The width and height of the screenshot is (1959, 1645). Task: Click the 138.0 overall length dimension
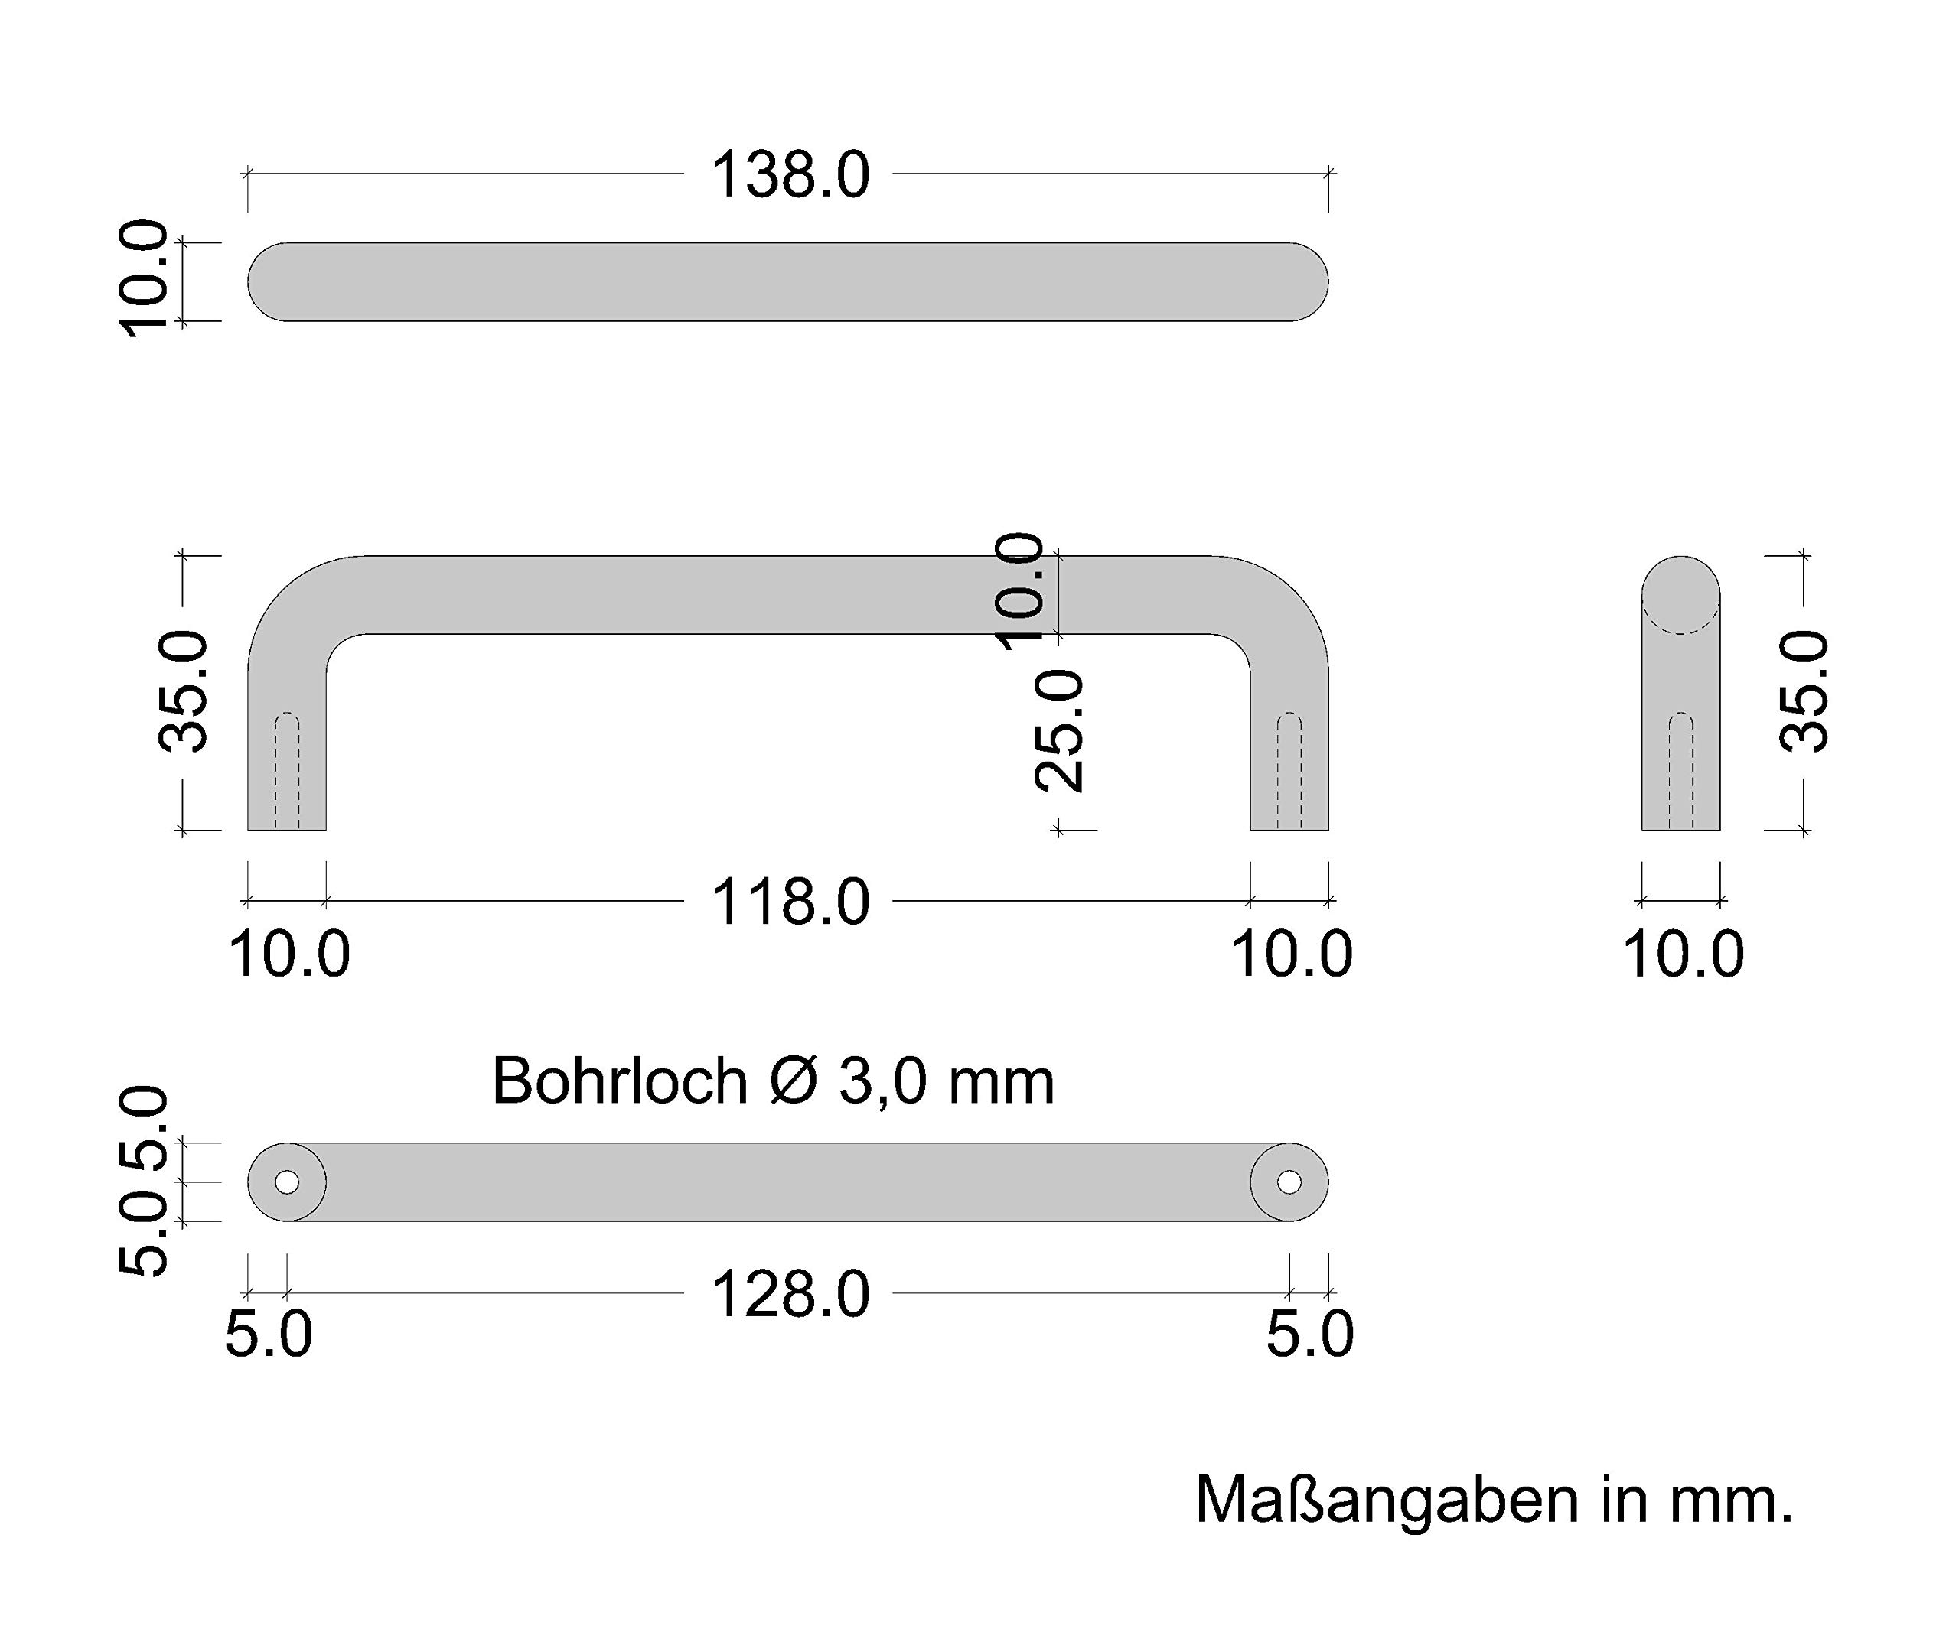coord(790,174)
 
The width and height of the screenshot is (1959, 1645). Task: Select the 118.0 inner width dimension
coord(790,902)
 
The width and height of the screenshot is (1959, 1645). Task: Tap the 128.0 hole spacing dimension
coord(790,1295)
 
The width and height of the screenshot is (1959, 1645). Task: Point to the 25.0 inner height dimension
coord(1060,731)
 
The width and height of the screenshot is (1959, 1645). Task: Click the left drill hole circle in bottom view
coord(287,1182)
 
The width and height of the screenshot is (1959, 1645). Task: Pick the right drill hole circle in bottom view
coord(1289,1182)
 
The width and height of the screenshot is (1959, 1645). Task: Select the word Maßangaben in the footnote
coord(1387,1500)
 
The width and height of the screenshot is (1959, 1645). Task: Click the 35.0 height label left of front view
coord(183,691)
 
